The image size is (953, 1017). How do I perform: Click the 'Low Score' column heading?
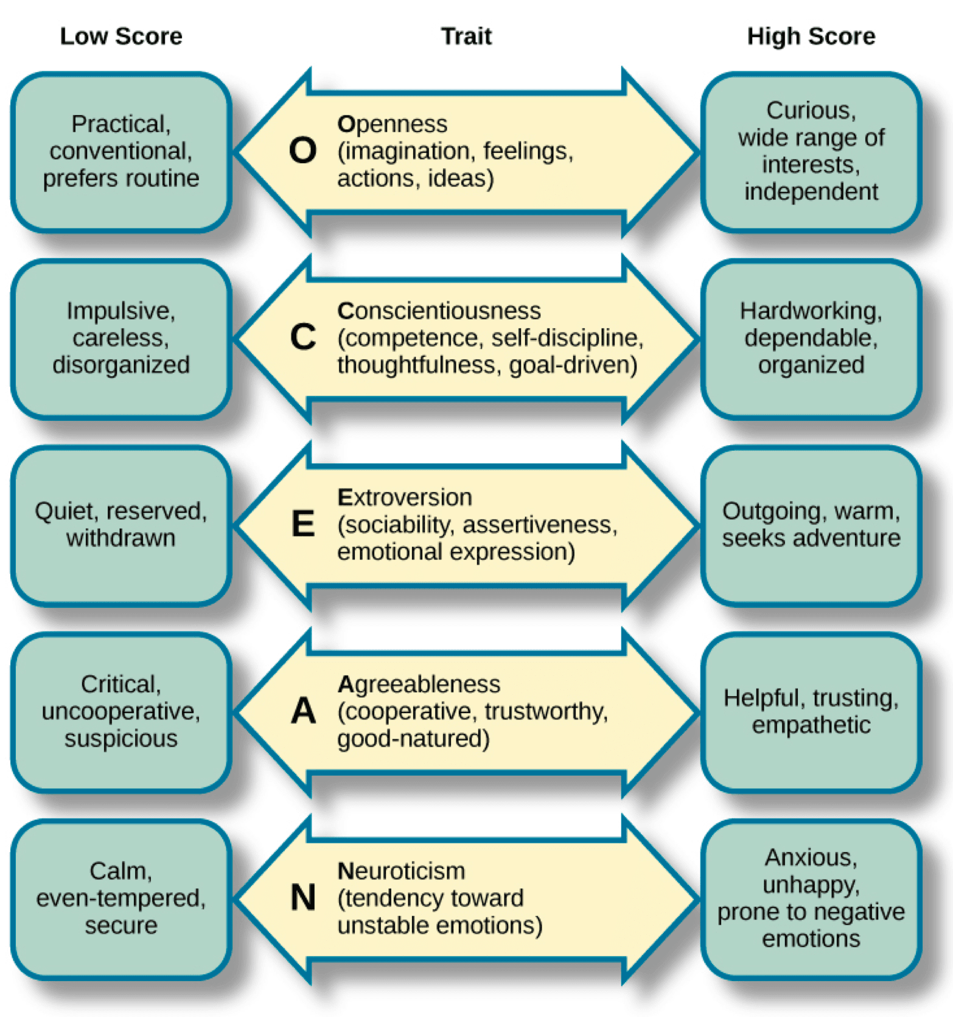point(121,37)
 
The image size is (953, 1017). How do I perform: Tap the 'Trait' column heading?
point(466,37)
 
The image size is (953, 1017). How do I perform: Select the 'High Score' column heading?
point(811,37)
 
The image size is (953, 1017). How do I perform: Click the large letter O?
point(302,150)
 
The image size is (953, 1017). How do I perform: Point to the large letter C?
point(302,337)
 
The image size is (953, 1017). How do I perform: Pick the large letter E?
point(303,524)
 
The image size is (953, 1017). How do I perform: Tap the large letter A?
point(303,711)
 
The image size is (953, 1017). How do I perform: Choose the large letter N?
point(303,898)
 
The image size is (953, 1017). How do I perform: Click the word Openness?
point(393,124)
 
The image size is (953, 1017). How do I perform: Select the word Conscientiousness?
point(439,311)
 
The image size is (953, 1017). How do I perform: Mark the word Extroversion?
point(405,498)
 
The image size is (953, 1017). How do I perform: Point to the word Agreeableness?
point(419,684)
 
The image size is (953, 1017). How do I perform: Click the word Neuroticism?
point(401,871)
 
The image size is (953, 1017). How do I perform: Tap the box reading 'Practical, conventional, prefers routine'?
point(121,152)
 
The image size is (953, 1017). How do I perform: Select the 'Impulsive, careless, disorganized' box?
point(121,339)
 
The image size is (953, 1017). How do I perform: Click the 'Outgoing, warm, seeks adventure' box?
point(811,525)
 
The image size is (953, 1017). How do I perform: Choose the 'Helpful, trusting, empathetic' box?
point(811,712)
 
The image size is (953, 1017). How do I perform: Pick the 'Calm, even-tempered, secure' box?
point(121,899)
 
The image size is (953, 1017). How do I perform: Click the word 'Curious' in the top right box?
point(811,111)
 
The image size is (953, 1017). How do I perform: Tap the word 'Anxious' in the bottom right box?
point(811,858)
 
